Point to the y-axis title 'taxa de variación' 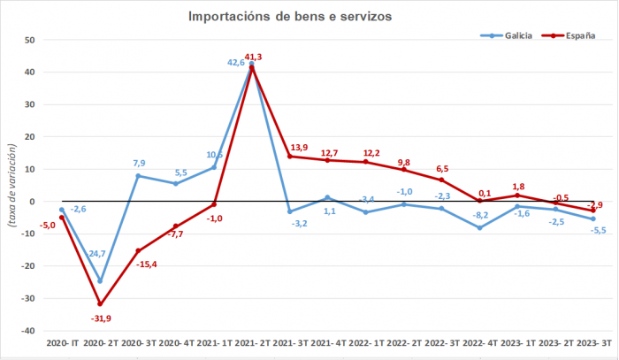(x=11, y=185)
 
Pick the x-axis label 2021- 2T (x=252, y=343)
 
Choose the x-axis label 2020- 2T (x=100, y=343)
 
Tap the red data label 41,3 (x=255, y=57)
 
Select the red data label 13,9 (x=299, y=146)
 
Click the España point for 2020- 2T (x=100, y=304)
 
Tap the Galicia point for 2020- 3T (x=138, y=176)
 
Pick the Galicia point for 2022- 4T (x=479, y=227)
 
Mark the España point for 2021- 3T (x=289, y=157)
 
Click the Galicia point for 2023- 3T (x=592, y=219)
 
